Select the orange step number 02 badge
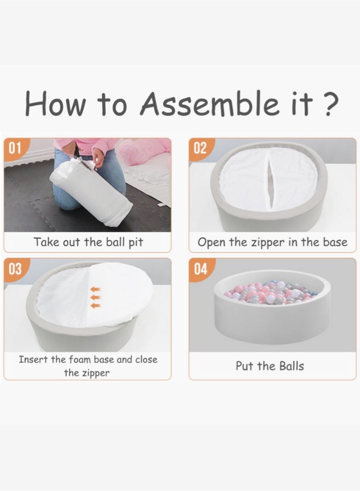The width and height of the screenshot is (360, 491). (x=201, y=147)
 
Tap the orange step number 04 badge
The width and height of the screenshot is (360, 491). (x=201, y=269)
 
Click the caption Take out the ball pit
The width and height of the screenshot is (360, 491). (x=88, y=243)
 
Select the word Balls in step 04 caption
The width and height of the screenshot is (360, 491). (x=291, y=366)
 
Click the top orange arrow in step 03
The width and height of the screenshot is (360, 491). (x=96, y=289)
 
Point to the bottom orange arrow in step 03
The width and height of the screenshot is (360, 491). (x=96, y=305)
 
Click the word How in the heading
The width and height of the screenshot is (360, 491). (x=55, y=103)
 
